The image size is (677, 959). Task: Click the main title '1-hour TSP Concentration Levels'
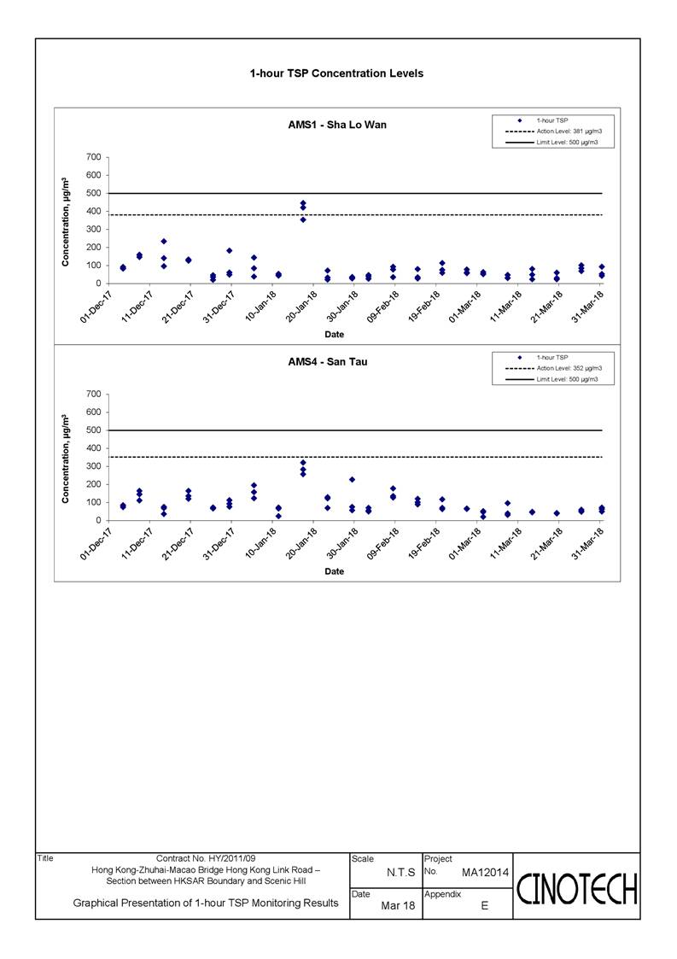(x=336, y=73)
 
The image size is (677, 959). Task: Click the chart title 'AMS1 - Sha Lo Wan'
(x=337, y=125)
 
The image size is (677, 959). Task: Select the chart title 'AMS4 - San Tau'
(x=328, y=362)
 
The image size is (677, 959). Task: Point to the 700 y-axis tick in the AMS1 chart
(x=94, y=157)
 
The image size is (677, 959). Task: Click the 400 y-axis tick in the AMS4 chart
(x=94, y=448)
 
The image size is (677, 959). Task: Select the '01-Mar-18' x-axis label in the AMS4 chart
(x=464, y=543)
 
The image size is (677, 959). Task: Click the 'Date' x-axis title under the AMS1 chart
(x=334, y=335)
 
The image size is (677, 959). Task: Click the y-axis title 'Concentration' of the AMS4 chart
(x=66, y=459)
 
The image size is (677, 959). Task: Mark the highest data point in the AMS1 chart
(x=303, y=203)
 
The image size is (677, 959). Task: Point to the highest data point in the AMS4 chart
(x=303, y=463)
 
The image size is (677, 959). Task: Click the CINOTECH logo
(x=577, y=889)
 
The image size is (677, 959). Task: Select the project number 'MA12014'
(x=485, y=873)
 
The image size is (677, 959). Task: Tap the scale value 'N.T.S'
(x=400, y=873)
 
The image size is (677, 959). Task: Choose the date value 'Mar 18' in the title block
(x=398, y=906)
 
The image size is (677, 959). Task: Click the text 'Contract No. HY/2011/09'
(x=206, y=859)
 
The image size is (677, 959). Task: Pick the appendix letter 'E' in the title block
(x=484, y=906)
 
